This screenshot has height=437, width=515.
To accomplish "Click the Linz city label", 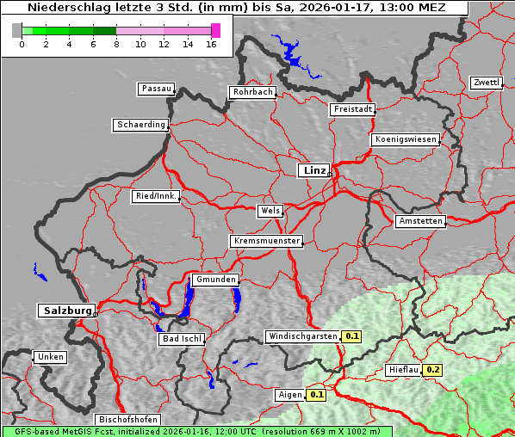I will (313, 170).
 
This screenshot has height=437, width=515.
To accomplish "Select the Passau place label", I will (156, 89).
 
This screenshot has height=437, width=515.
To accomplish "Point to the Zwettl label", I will (486, 83).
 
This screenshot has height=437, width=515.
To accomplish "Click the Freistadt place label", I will (352, 109).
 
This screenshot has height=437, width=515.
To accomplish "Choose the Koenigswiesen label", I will (405, 139).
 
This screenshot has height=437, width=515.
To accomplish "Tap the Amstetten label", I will (420, 221).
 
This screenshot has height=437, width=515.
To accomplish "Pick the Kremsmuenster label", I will (266, 241).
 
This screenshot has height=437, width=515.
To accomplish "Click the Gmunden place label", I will (214, 280).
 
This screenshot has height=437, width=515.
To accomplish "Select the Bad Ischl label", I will (182, 339).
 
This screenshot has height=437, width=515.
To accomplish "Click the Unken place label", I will (50, 356).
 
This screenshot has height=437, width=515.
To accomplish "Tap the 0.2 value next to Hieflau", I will (433, 370).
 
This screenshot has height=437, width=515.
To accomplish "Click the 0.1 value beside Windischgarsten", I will (352, 336).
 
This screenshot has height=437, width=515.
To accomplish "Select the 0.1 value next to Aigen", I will (317, 395).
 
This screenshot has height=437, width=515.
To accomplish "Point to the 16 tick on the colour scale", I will (213, 45).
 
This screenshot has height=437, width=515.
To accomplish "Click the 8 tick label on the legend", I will (116, 45).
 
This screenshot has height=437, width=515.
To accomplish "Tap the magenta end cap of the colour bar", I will (215, 30).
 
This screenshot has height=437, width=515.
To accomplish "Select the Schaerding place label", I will (140, 125).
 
